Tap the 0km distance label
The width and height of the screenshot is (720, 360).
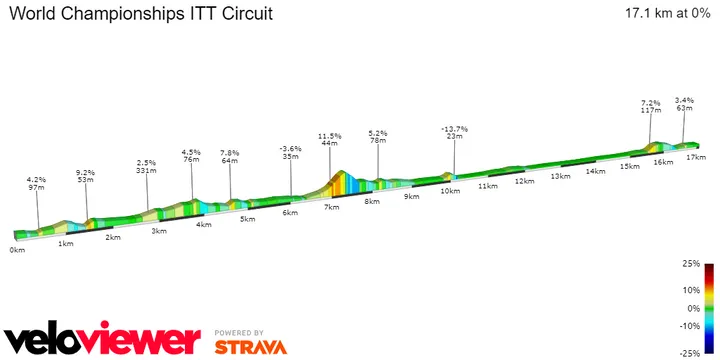[x=16, y=250]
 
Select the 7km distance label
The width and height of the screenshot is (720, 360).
[x=331, y=206]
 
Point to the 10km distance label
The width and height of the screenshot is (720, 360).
[x=449, y=191]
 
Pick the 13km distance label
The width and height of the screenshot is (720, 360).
[x=559, y=176]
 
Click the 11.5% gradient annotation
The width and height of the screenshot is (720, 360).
[x=330, y=135]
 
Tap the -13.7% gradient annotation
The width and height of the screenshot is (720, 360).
[x=455, y=129]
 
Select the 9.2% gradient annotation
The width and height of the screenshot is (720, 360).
[x=85, y=173]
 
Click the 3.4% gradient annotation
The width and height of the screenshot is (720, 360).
[x=684, y=100]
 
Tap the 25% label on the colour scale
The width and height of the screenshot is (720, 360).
[x=690, y=265]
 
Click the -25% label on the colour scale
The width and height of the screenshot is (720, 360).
[x=688, y=353]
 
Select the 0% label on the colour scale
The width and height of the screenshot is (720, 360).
[x=692, y=309]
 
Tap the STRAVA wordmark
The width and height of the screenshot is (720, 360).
[x=250, y=347]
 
